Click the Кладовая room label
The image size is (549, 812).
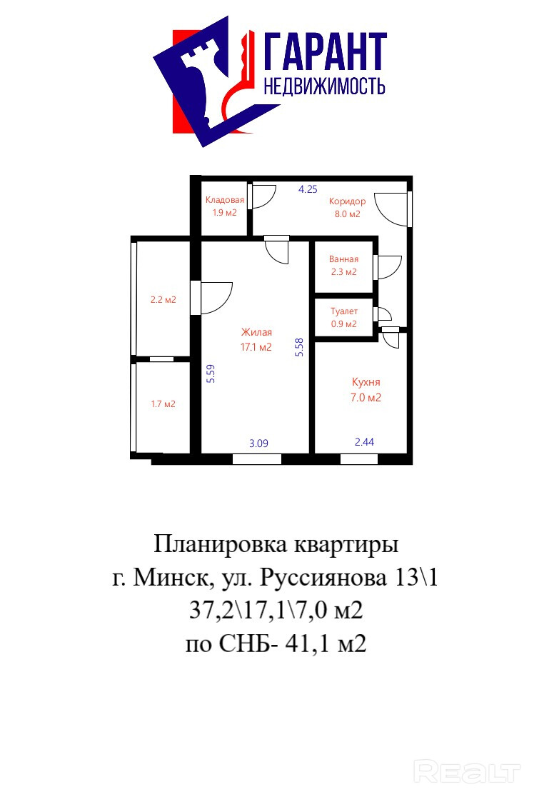(x=225, y=200)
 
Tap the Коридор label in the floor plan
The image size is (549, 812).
(x=347, y=201)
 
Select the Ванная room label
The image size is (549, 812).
(x=343, y=259)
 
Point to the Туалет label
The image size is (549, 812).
(x=344, y=311)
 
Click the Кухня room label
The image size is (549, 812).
(x=366, y=382)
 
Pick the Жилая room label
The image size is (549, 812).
(x=256, y=333)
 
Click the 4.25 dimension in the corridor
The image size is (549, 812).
(x=308, y=189)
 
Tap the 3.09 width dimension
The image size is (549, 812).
(x=258, y=443)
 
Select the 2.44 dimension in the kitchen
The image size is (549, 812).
(x=364, y=442)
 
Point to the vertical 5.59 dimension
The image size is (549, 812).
(x=211, y=374)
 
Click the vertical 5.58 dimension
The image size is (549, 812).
(x=299, y=348)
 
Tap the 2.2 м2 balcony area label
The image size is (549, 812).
(x=163, y=299)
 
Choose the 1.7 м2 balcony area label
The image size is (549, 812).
(x=163, y=404)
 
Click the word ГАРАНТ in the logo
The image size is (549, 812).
(x=326, y=51)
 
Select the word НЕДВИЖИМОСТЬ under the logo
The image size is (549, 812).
(x=324, y=86)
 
